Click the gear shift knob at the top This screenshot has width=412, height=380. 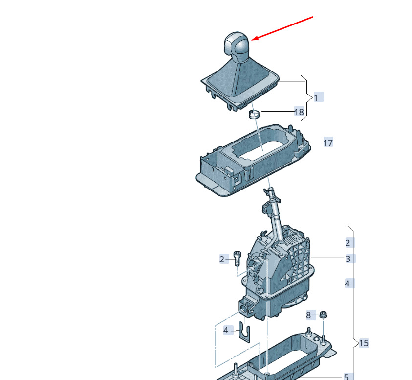point(237,45)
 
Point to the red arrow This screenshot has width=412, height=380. point(282,28)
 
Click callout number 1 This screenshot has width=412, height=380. point(316,98)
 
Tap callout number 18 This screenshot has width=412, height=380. point(299,112)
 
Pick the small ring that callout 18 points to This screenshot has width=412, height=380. point(254,114)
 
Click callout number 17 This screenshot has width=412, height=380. point(328,142)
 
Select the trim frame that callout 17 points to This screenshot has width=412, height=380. point(254,161)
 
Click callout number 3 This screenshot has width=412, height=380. point(348,259)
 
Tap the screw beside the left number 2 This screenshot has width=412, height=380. point(237,259)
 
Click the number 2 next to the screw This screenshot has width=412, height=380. point(222,260)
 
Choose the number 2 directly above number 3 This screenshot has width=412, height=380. point(348,243)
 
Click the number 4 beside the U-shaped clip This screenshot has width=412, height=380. point(226,330)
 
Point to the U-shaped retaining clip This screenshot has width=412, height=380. point(245,332)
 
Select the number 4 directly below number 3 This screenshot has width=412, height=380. point(347,284)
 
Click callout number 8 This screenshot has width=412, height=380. point(308,315)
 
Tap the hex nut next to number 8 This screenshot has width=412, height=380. point(323,314)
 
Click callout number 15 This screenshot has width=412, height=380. point(364,343)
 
